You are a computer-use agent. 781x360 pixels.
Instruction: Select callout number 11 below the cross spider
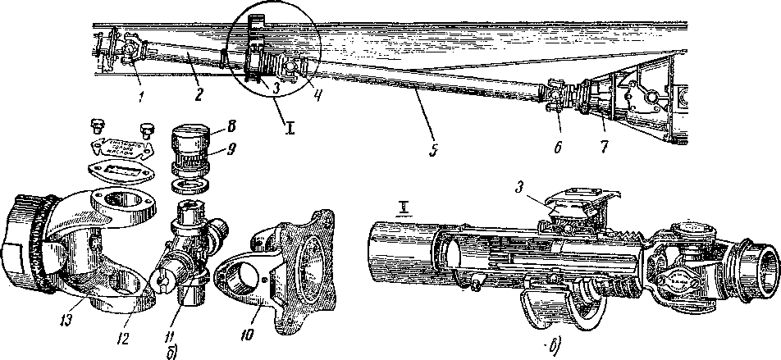[190, 312]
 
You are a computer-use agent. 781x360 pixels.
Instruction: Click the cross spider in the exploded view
[190, 250]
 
